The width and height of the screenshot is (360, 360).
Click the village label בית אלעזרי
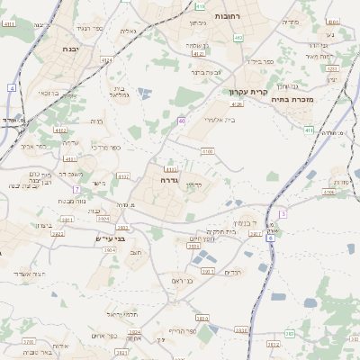[219, 119]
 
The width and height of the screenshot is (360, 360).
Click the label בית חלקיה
[244, 231]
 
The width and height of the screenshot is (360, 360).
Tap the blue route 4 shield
[12, 87]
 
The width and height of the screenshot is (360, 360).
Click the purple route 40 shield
[182, 120]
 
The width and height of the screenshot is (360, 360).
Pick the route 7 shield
[77, 189]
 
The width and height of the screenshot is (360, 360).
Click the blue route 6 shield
[271, 238]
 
